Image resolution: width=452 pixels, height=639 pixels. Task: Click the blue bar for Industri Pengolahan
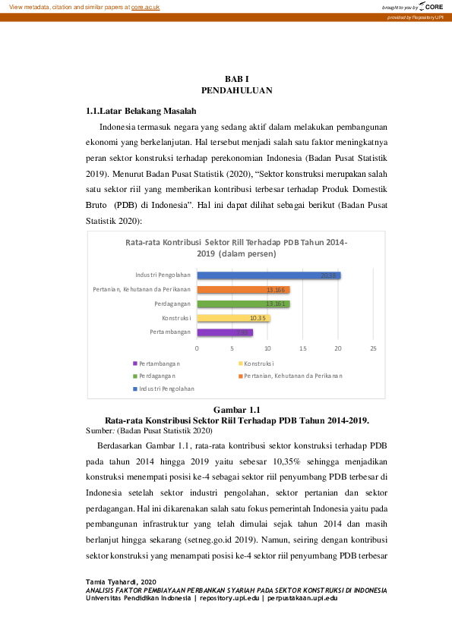pos(268,275)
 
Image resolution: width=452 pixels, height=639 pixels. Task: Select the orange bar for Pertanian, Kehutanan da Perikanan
pos(243,290)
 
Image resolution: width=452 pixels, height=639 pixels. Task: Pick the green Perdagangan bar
pos(243,304)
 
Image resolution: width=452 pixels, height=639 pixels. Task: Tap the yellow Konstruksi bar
pos(233,318)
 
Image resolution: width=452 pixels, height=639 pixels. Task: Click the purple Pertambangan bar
pos(224,332)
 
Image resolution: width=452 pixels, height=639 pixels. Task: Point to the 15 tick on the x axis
pos(302,348)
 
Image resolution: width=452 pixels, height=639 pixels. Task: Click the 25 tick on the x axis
pos(373,348)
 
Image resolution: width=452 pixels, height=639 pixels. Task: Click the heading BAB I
pos(237,80)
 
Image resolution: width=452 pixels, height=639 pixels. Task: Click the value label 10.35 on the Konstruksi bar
pos(257,319)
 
